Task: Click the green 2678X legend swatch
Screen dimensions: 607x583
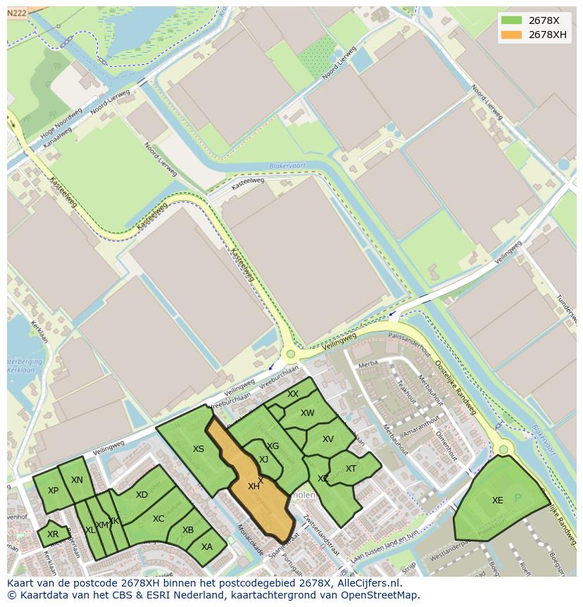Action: pyautogui.click(x=512, y=20)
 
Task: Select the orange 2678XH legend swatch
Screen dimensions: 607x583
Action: pyautogui.click(x=512, y=35)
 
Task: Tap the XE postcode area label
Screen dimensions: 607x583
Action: pyautogui.click(x=497, y=501)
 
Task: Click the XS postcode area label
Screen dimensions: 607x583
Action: pyautogui.click(x=199, y=449)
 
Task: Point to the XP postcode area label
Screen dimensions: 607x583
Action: pyautogui.click(x=53, y=491)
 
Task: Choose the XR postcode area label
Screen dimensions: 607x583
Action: pyautogui.click(x=53, y=534)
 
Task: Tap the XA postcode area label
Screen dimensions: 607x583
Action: pyautogui.click(x=207, y=546)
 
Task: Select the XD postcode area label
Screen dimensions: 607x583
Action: pyautogui.click(x=142, y=495)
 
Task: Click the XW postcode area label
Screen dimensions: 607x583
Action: pyautogui.click(x=308, y=413)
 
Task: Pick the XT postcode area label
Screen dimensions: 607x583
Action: pyautogui.click(x=351, y=469)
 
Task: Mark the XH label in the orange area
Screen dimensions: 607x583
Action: pyautogui.click(x=253, y=486)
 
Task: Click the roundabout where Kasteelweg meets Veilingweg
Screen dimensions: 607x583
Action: pyautogui.click(x=289, y=355)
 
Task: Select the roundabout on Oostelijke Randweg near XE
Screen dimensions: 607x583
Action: pyautogui.click(x=503, y=449)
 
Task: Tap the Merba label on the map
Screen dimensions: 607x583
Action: pyautogui.click(x=368, y=364)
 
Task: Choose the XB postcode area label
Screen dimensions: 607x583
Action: pyautogui.click(x=188, y=530)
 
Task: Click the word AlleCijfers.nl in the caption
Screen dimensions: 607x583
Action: pyautogui.click(x=364, y=583)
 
